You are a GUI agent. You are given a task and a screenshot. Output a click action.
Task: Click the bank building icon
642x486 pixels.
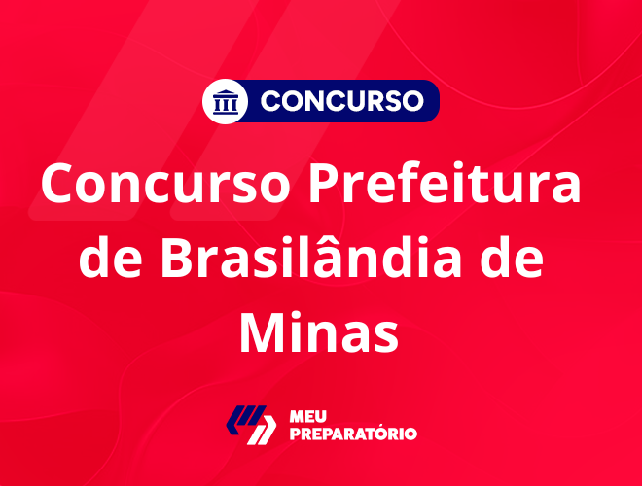(226, 102)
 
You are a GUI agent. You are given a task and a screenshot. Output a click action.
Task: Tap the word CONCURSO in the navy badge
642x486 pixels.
(341, 101)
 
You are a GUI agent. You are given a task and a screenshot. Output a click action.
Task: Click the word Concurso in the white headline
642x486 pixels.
(165, 184)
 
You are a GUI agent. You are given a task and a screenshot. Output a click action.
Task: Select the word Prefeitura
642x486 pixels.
(445, 183)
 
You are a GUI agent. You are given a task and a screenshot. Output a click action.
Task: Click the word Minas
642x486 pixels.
(319, 331)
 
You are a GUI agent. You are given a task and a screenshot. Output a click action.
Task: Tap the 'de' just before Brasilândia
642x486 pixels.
(111, 257)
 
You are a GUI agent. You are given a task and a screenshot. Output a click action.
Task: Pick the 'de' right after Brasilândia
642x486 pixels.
(512, 257)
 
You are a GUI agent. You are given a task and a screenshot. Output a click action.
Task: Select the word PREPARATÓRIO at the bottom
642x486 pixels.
(353, 434)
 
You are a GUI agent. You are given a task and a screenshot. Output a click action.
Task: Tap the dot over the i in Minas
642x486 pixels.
(301, 313)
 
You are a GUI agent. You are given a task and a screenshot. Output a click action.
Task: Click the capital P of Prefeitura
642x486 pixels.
(325, 183)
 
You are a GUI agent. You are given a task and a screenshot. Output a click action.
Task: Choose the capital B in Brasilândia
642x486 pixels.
(177, 257)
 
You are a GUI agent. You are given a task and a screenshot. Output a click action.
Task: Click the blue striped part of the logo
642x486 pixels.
(246, 418)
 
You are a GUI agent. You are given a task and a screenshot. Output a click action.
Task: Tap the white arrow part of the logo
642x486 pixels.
(262, 430)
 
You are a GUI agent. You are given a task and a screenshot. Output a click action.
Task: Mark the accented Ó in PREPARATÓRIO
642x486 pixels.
(387, 433)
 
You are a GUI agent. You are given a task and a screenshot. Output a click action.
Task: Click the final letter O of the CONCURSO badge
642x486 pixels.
(412, 101)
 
